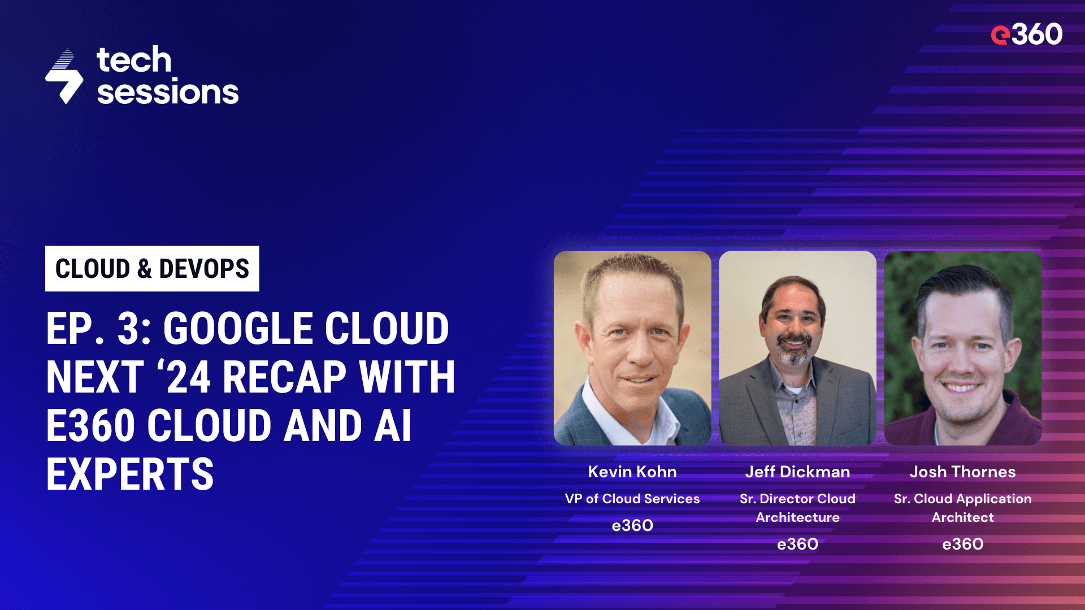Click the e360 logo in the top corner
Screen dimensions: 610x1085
1026,34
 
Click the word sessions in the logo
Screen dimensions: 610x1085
168,92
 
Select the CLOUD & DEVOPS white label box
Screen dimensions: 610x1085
152,269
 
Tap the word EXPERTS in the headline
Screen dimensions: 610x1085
130,474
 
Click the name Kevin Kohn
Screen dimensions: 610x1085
632,472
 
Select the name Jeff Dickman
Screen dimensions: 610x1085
797,472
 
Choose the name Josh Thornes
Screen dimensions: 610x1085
962,472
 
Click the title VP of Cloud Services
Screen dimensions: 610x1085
632,499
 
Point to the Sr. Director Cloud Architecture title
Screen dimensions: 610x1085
797,508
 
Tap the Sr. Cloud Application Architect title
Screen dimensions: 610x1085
962,508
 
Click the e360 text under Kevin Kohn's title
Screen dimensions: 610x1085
632,525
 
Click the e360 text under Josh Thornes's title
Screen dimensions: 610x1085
962,544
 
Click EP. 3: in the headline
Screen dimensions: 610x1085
98,329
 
